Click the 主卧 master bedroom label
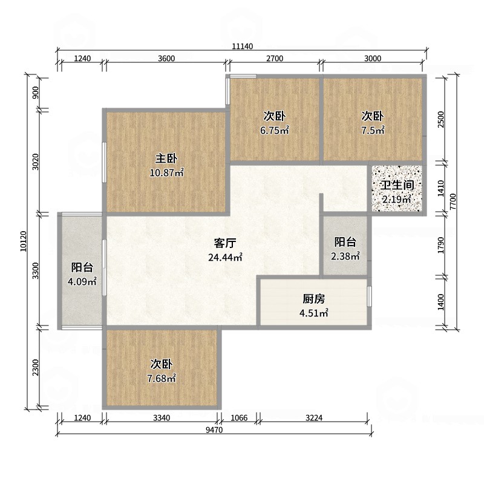tap(166, 159)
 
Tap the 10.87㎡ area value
tap(166, 172)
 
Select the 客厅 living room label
tap(224, 243)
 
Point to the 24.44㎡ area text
tap(224, 257)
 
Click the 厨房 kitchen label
tap(314, 299)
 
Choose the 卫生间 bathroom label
tap(397, 186)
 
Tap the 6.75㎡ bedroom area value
tap(274, 129)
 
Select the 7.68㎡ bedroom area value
tap(162, 379)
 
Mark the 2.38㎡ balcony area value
tap(345, 256)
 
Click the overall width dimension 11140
tap(242, 47)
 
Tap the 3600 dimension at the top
tap(166, 59)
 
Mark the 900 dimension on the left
tap(36, 93)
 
